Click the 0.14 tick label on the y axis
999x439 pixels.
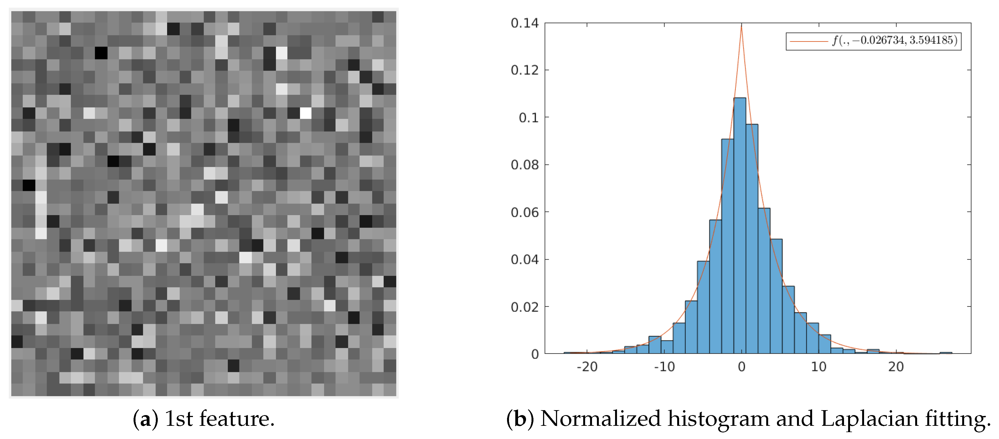coord(524,23)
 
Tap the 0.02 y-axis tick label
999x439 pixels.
coord(524,307)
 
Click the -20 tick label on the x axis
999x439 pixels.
coord(587,367)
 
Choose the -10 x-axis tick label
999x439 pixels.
coord(664,367)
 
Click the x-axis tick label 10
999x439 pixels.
coord(819,367)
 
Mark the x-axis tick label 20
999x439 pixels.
coord(896,367)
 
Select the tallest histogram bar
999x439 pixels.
coord(740,225)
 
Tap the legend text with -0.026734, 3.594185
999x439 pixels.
coord(894,40)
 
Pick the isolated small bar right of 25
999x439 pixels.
coord(945,352)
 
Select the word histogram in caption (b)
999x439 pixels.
coord(718,419)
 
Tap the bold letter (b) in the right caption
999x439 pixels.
coord(520,419)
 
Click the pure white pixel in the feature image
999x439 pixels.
coord(306,113)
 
